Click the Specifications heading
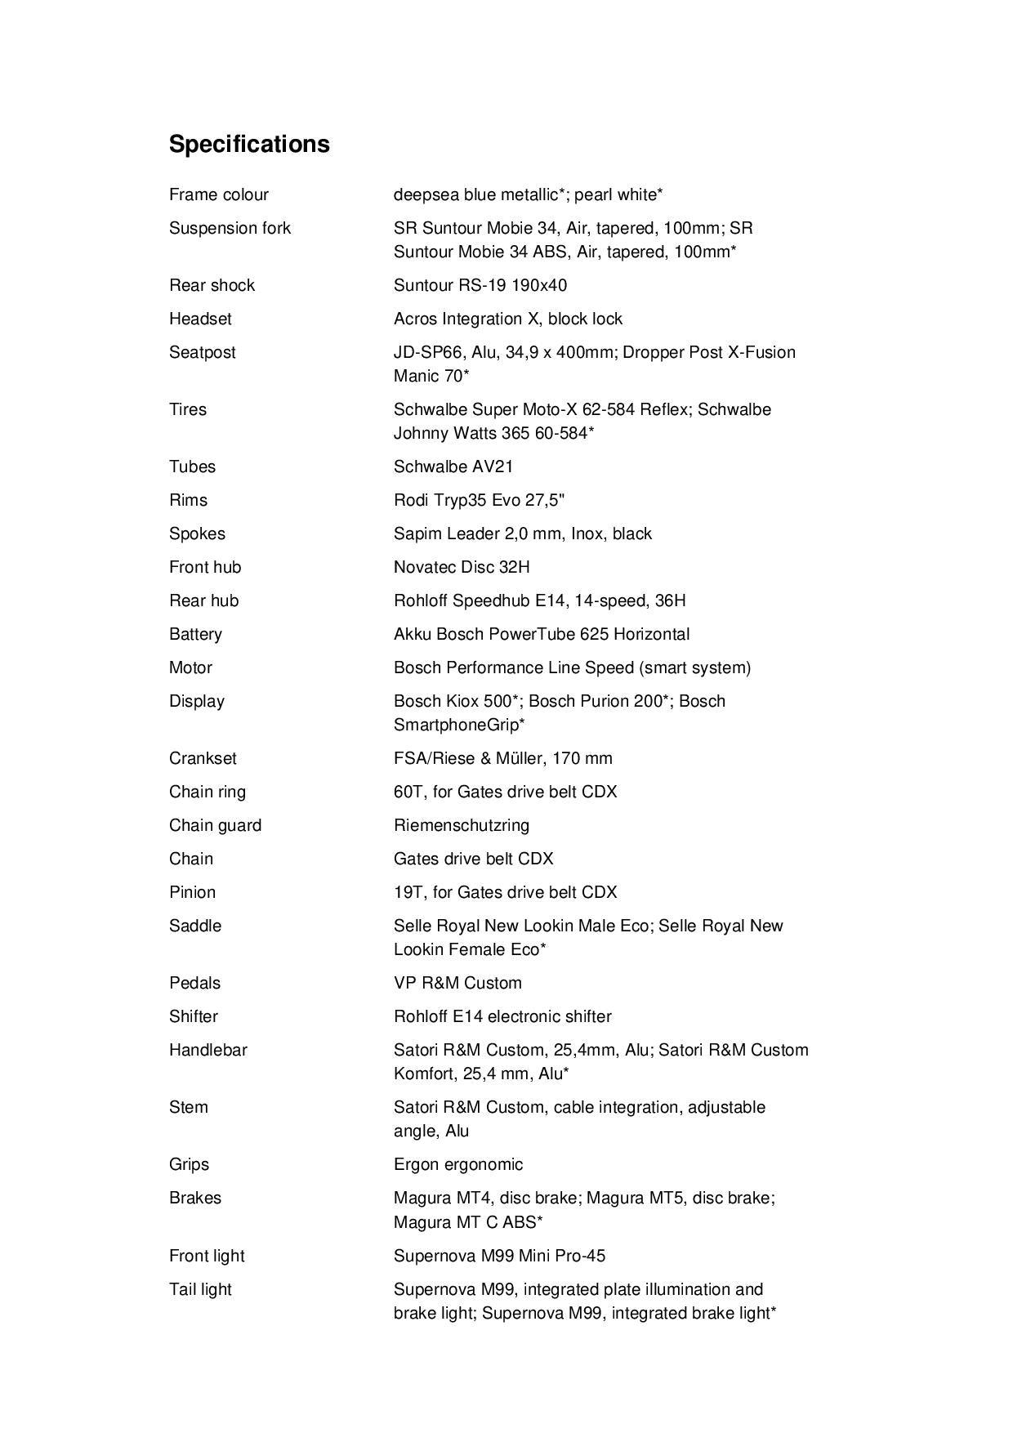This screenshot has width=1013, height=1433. (249, 144)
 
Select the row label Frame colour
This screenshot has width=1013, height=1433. (218, 194)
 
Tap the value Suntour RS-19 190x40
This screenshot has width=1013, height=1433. (480, 285)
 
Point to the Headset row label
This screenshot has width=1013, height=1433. (200, 319)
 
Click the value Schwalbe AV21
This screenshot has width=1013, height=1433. (453, 467)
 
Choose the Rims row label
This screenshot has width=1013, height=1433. (188, 500)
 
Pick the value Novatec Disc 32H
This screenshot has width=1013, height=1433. (462, 567)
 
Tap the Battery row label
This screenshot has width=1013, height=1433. (195, 634)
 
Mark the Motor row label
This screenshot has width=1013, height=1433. (190, 667)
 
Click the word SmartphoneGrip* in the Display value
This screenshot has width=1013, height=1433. (459, 725)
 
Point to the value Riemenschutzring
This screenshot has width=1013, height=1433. (461, 825)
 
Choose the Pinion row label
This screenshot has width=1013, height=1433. (192, 892)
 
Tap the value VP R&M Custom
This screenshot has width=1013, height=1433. (457, 983)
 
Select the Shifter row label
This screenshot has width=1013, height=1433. (194, 1016)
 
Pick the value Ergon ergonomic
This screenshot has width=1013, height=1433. (457, 1164)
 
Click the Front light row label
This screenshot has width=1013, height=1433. (207, 1256)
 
